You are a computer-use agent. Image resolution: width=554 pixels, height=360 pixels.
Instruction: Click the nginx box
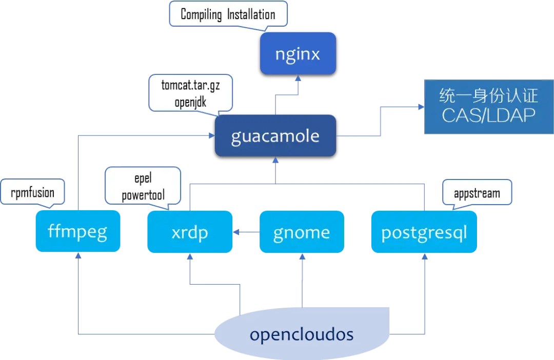click(x=298, y=53)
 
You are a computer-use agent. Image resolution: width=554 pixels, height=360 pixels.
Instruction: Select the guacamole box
click(x=275, y=136)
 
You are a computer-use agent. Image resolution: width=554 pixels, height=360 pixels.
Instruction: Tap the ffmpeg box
click(x=77, y=232)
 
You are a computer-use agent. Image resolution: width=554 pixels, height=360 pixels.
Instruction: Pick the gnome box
click(x=301, y=232)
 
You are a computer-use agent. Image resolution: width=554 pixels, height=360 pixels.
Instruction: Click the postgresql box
click(x=424, y=232)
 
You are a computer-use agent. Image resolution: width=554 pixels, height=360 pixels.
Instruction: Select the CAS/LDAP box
click(x=488, y=107)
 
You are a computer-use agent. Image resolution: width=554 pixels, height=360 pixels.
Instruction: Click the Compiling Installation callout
click(x=228, y=14)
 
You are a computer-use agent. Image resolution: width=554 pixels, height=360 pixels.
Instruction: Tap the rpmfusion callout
click(x=33, y=193)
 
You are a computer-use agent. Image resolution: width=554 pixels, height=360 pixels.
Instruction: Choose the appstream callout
click(x=477, y=193)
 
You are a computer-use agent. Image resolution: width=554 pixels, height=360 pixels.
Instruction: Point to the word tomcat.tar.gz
click(x=190, y=85)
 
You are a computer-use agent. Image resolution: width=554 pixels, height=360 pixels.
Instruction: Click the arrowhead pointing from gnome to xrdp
click(x=236, y=233)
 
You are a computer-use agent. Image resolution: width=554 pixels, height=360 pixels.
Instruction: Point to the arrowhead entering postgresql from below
click(x=424, y=257)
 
